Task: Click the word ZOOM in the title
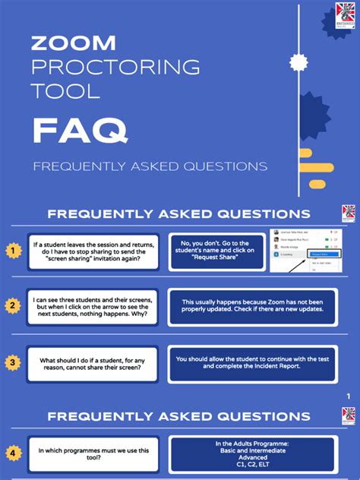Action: tap(74, 43)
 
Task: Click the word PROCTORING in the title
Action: tap(115, 67)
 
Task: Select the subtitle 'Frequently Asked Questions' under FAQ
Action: tap(150, 166)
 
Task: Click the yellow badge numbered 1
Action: tap(12, 250)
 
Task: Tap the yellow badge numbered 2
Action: tap(12, 306)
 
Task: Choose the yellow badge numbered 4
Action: tap(12, 453)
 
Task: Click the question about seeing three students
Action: tap(93, 307)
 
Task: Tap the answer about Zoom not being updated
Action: tap(251, 307)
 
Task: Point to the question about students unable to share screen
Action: tap(93, 364)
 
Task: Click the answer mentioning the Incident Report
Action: tap(251, 362)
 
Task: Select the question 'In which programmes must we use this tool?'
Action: tap(93, 453)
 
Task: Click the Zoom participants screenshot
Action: tap(304, 251)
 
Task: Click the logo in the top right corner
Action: tap(345, 17)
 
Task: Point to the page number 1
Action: tap(348, 396)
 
